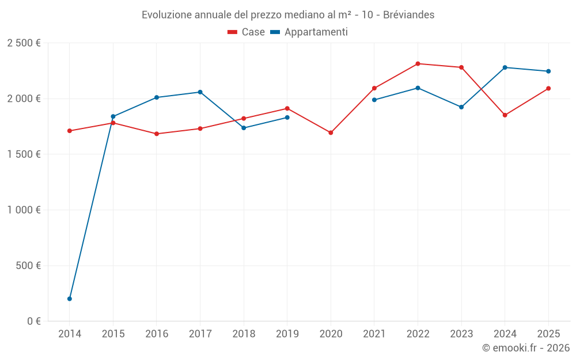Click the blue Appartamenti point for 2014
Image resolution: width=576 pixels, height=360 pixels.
coord(70,298)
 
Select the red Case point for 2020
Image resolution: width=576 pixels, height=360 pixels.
coord(331,132)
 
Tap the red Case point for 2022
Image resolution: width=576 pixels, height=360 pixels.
coord(418,64)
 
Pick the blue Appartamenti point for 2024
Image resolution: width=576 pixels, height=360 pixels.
coord(505,67)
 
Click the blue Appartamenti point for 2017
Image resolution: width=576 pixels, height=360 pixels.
coord(200,92)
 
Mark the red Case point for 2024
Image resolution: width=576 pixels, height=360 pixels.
coord(505,115)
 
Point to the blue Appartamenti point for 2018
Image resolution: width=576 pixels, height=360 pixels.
coord(244,128)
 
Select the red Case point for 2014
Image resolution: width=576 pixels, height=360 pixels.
coord(70,131)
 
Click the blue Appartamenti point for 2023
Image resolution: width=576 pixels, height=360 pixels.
coord(461,107)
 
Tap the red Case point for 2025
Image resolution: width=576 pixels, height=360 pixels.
coord(548,88)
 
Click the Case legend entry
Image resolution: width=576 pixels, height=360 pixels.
coord(247,32)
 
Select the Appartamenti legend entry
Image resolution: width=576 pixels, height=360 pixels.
coord(309,32)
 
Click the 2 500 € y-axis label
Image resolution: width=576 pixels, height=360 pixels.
coord(24,43)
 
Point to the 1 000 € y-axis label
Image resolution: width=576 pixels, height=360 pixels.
coord(24,210)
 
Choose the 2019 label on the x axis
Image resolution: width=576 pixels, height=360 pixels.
coord(287,334)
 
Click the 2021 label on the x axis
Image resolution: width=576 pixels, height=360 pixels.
coord(374,334)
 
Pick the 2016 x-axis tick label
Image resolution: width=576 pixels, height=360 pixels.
coord(157,334)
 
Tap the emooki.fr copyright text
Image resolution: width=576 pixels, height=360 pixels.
coord(525,348)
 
